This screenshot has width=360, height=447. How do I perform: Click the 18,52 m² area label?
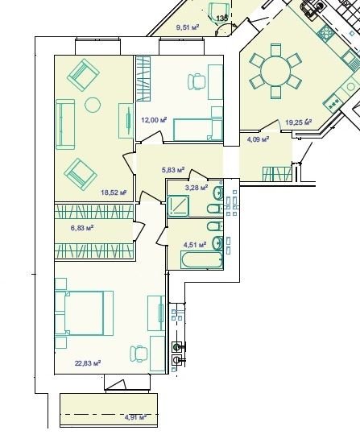coord(114,192)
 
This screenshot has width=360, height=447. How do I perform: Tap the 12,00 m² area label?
coord(154,120)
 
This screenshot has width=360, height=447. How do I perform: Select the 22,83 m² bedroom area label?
coord(88,363)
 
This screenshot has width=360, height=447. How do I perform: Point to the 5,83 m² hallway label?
coord(173,170)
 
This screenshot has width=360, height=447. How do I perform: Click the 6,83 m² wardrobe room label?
coord(82,228)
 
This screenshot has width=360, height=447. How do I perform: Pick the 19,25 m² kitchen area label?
coord(299,122)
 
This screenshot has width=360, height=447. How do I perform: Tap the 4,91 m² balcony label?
coord(135,417)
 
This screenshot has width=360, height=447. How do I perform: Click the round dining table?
coord(275,71)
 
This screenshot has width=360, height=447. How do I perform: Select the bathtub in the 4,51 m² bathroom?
coord(202,260)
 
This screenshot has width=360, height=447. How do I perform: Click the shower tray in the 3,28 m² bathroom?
coord(178,205)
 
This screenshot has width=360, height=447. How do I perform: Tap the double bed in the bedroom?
coord(84,313)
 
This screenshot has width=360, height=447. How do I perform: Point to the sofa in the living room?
coord(65,124)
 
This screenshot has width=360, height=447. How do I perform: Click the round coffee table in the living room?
coord(93,105)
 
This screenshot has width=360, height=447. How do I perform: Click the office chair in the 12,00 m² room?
coord(197,82)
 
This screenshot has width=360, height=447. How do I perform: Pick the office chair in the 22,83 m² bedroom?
coord(139,354)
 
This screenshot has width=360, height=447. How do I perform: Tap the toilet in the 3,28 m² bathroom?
coord(214,209)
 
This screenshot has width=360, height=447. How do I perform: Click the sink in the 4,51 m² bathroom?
coord(217,242)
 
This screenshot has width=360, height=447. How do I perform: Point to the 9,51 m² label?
coord(188,27)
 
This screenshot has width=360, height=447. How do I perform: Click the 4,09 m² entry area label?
coord(258,139)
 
